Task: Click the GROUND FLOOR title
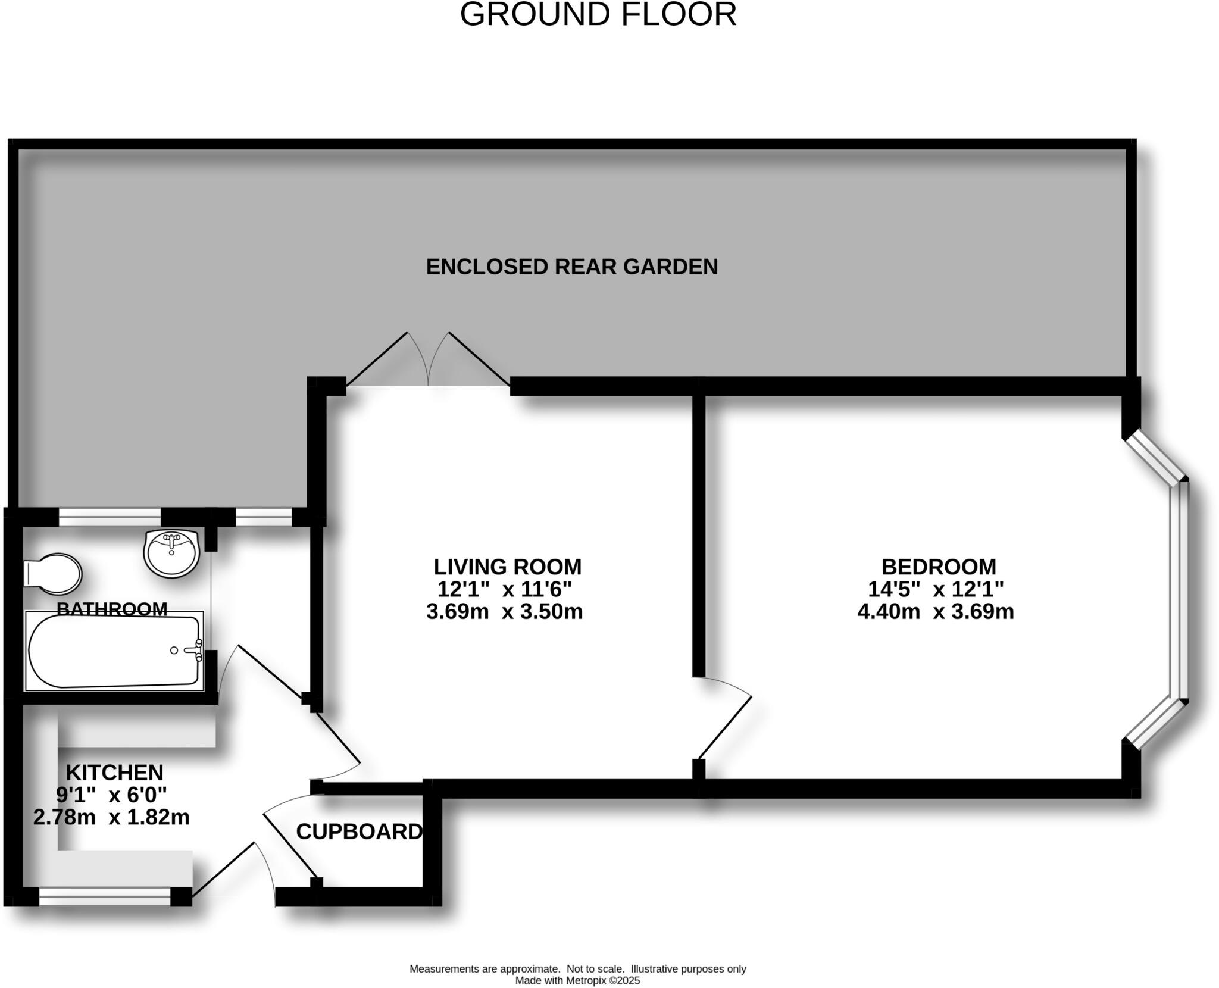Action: [x=598, y=15]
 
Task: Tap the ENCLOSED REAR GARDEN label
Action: [x=571, y=267]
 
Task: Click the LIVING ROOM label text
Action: [x=507, y=567]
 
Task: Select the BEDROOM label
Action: [x=939, y=567]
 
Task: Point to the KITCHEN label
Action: [x=114, y=773]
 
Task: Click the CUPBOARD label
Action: [x=359, y=831]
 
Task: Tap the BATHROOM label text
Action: [x=112, y=608]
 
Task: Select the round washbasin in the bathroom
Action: [x=171, y=554]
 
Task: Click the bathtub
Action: [x=113, y=652]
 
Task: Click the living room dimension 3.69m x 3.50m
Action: [x=504, y=612]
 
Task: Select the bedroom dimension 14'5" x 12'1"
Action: [x=936, y=589]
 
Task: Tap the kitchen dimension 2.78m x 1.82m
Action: [x=111, y=817]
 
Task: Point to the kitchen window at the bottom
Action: [x=105, y=896]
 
